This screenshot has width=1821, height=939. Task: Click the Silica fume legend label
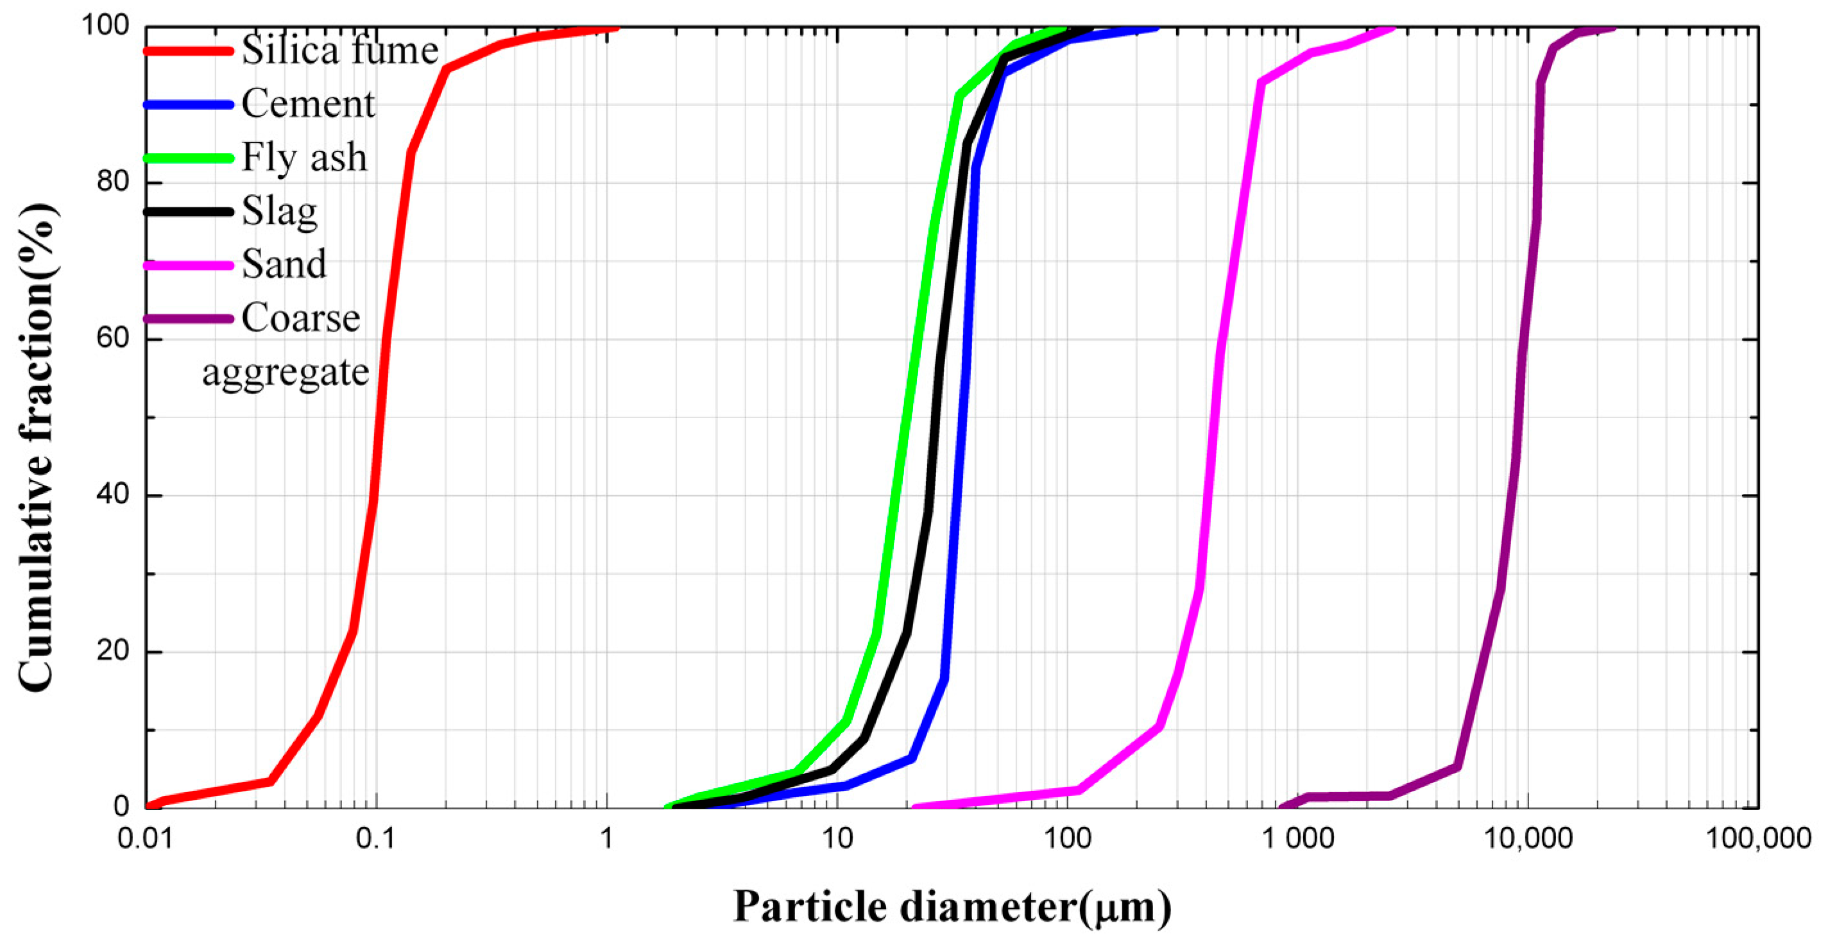(339, 51)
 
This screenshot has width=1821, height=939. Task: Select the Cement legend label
(308, 105)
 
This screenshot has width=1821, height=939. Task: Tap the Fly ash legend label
(304, 158)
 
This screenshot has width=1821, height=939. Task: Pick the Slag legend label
(279, 211)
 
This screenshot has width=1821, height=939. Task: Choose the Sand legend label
(284, 264)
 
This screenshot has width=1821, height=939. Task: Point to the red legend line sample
(188, 51)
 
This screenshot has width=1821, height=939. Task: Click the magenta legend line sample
(188, 265)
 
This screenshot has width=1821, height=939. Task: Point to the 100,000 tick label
(1759, 839)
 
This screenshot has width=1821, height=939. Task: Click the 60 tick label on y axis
(113, 339)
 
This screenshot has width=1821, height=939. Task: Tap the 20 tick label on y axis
(113, 651)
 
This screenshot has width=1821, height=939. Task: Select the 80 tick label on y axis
(113, 182)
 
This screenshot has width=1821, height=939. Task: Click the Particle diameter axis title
(952, 906)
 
